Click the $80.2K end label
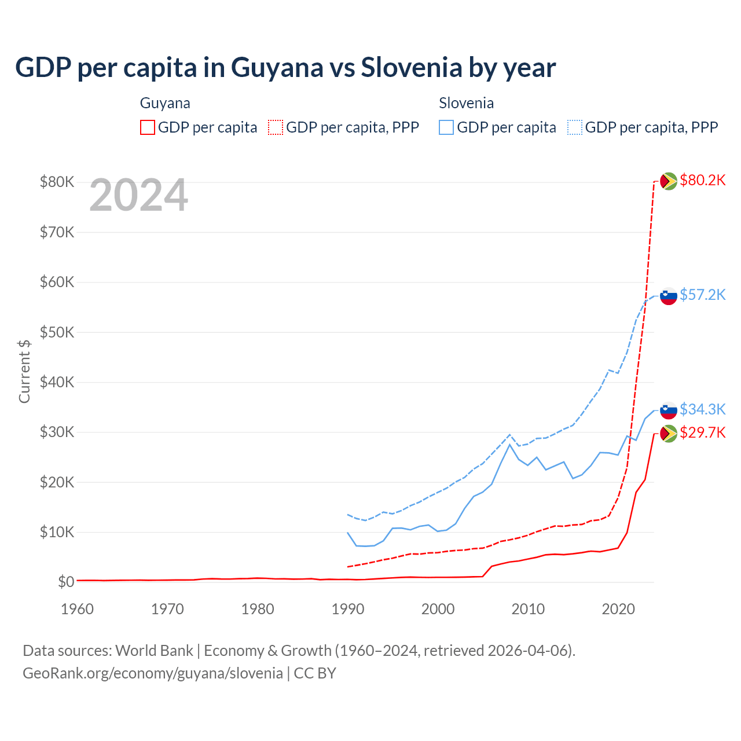pyautogui.click(x=702, y=181)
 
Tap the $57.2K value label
pyautogui.click(x=702, y=295)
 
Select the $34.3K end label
pyautogui.click(x=702, y=410)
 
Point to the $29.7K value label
pyautogui.click(x=702, y=433)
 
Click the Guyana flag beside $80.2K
pyautogui.click(x=669, y=181)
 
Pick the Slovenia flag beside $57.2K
pyautogui.click(x=669, y=296)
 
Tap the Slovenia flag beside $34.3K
pyautogui.click(x=669, y=410)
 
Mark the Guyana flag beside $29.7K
pyautogui.click(x=669, y=433)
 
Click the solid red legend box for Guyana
pyautogui.click(x=148, y=127)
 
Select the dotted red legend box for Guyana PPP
pyautogui.click(x=276, y=127)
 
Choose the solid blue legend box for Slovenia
pyautogui.click(x=446, y=127)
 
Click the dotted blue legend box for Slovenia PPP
pyautogui.click(x=575, y=127)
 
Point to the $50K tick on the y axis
pyautogui.click(x=57, y=332)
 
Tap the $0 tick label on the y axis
pyautogui.click(x=66, y=582)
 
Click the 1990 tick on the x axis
pyautogui.click(x=348, y=609)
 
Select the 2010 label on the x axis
pyautogui.click(x=528, y=609)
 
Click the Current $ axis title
pyautogui.click(x=24, y=371)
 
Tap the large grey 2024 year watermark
pyautogui.click(x=138, y=196)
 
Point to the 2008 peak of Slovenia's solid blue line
pyautogui.click(x=509, y=444)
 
